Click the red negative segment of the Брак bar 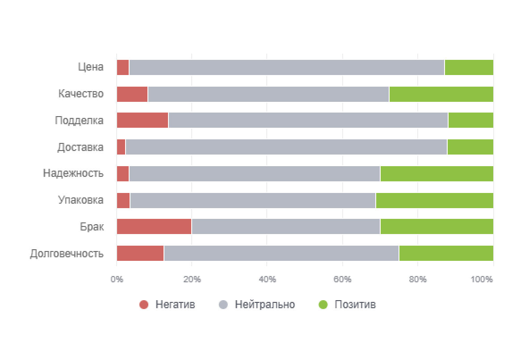(154, 226)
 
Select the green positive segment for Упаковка (434, 200)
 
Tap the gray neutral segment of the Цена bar (286, 67)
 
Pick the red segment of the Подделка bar (142, 120)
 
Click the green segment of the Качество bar (441, 94)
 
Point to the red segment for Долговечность (140, 253)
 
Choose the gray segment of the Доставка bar (286, 147)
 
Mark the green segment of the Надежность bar (437, 173)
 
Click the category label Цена (90, 67)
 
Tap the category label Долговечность (67, 254)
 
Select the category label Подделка (80, 121)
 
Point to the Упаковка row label (81, 200)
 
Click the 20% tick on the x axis (192, 280)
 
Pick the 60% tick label (342, 280)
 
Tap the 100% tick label (482, 280)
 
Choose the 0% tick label (117, 280)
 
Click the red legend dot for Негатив (144, 305)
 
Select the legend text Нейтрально (265, 305)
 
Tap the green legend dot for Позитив (323, 305)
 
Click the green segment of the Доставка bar (470, 147)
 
